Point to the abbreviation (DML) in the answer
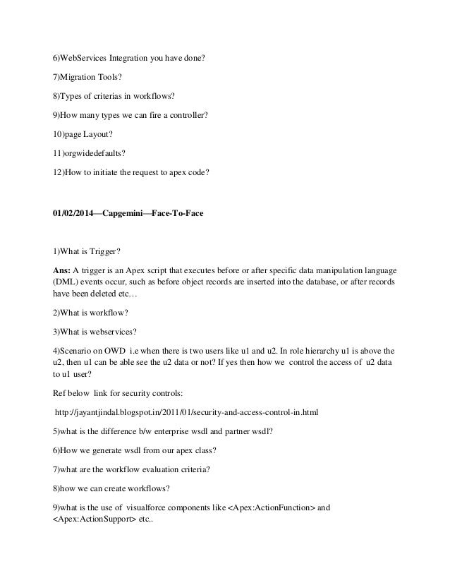pyautogui.click(x=68, y=283)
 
